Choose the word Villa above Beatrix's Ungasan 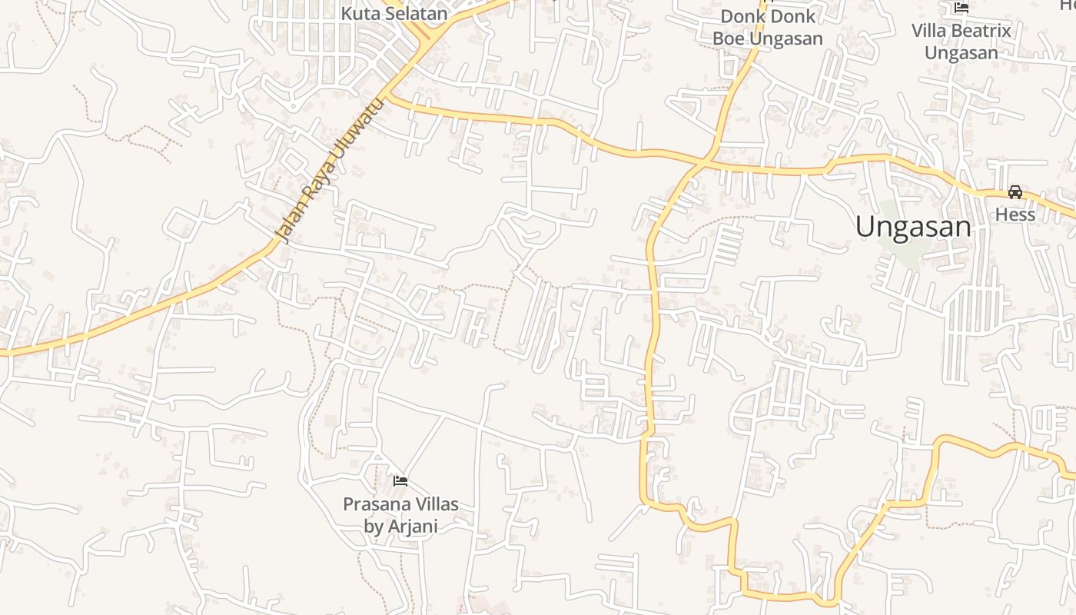[930, 31]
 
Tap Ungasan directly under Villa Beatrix [961, 53]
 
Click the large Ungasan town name [913, 227]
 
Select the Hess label [1015, 214]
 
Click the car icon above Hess [1015, 192]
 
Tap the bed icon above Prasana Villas [400, 482]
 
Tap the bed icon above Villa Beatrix [961, 8]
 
